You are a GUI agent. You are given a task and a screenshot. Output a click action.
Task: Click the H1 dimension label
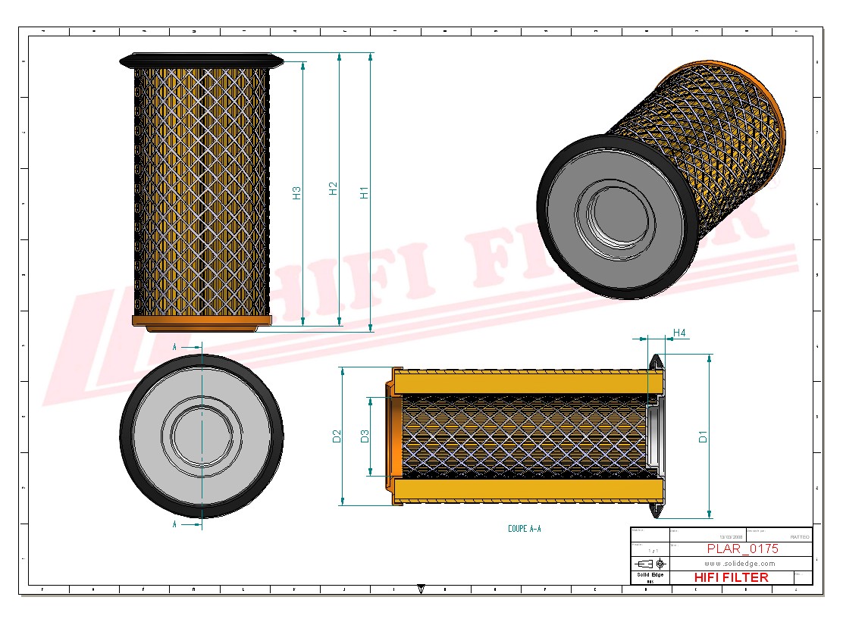[x=364, y=192]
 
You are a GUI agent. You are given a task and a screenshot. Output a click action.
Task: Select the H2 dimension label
[x=333, y=189]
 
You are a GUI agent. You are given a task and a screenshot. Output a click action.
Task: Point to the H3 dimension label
[x=296, y=193]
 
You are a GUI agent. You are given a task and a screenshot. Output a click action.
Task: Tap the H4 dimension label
[x=679, y=333]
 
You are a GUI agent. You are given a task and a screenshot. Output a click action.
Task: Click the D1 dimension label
[x=703, y=436]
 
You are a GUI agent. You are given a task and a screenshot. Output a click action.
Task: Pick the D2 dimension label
[x=337, y=436]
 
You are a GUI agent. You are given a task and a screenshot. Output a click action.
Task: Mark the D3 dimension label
[x=364, y=436]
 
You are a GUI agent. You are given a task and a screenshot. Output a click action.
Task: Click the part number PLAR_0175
[x=741, y=549]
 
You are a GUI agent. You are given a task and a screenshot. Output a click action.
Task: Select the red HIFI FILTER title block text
[x=731, y=577]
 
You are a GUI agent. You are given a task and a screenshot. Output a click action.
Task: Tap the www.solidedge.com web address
[x=739, y=564]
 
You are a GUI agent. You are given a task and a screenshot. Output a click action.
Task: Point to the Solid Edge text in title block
[x=650, y=575]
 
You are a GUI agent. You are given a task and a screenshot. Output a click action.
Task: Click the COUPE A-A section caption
[x=525, y=529]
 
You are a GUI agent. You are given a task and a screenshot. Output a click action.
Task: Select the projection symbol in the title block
[x=651, y=564]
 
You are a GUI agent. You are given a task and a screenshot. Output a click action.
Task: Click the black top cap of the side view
[x=202, y=59]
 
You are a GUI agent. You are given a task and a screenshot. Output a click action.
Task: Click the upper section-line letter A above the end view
[x=174, y=346]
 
